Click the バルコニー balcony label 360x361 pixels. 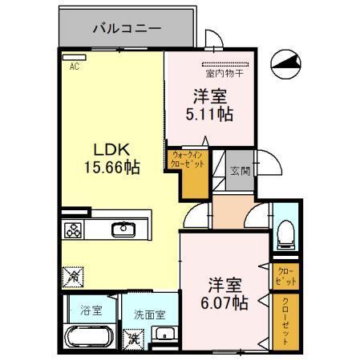[x=127, y=28]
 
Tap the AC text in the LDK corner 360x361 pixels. [x=73, y=67]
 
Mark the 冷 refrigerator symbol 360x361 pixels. [x=69, y=275]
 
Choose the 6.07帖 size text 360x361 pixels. [x=225, y=303]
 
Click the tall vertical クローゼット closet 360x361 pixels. [x=285, y=322]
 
